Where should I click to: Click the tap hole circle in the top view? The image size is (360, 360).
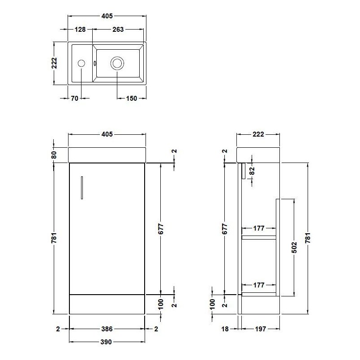pos(81,64)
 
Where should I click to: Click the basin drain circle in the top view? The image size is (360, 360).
pos(117,63)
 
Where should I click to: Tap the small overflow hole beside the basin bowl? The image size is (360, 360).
pos(94,63)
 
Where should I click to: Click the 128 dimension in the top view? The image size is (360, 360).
pos(80,30)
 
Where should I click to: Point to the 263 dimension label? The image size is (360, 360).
pos(118,30)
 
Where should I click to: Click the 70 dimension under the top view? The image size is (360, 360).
pos(74,99)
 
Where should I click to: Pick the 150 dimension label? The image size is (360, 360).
pos(131,99)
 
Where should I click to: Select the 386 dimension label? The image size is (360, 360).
pos(107,329)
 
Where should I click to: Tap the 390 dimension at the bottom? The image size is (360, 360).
pos(107,342)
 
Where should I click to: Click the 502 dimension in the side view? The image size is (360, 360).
pos(295,247)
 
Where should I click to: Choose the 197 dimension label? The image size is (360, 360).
pos(261,329)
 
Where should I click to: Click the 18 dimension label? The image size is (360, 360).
pos(225,329)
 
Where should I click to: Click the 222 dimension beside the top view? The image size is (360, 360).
pos(54,64)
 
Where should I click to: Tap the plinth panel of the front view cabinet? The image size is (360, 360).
pos(107,304)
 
